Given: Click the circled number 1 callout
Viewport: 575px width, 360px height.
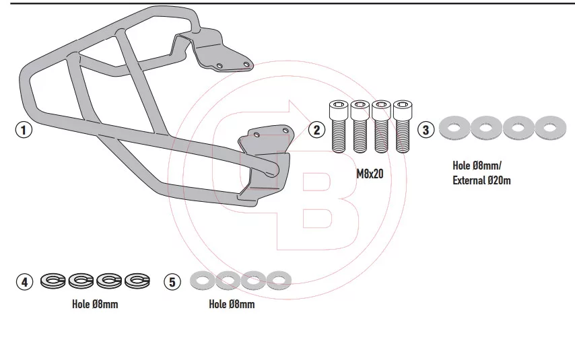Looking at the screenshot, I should pos(24,130).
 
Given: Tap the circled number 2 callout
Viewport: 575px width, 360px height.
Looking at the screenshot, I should pos(316,130).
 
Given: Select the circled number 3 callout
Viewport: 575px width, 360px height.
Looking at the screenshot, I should pos(426,130).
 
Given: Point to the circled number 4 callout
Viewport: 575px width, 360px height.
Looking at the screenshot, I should pos(24,282).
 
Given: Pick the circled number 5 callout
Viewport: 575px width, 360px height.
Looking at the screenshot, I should pos(173,282).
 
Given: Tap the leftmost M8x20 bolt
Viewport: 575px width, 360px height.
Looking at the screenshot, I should pos(339,127).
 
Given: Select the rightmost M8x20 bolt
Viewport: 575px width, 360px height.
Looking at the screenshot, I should pos(403,127).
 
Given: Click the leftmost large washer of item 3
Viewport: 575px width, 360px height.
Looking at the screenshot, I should pos(454,128).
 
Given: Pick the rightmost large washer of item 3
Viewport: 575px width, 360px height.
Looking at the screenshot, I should pos(551,128).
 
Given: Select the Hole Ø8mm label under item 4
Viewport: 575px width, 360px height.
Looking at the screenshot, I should pos(95,304).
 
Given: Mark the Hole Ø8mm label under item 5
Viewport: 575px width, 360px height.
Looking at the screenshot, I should pos(232,304).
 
